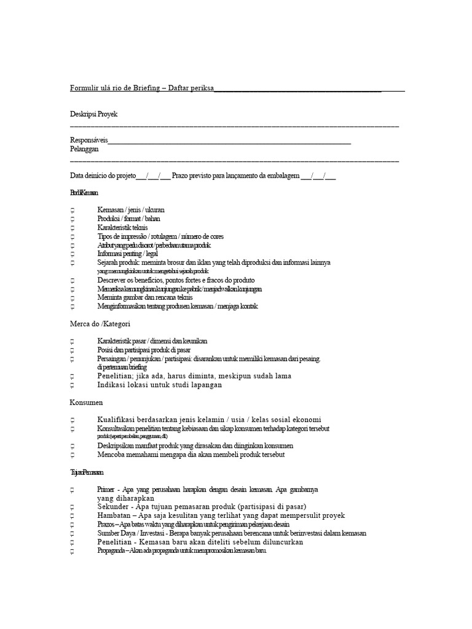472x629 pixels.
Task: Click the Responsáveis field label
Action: pyautogui.click(x=89, y=140)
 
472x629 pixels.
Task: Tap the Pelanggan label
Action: pyautogui.click(x=85, y=149)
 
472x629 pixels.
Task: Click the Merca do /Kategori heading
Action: pyautogui.click(x=100, y=323)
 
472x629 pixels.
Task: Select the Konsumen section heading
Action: pyautogui.click(x=86, y=402)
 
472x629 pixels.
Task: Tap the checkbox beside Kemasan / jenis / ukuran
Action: pyautogui.click(x=73, y=211)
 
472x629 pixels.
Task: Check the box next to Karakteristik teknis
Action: pyautogui.click(x=73, y=228)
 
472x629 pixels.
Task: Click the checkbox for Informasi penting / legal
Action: pyautogui.click(x=73, y=254)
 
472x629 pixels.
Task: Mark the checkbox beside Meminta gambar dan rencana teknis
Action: pyautogui.click(x=73, y=298)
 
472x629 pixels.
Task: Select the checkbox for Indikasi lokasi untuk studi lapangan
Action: pyautogui.click(x=73, y=385)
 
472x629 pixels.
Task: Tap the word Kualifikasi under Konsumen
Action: pyautogui.click(x=119, y=420)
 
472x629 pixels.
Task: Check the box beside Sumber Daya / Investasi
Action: pyautogui.click(x=73, y=534)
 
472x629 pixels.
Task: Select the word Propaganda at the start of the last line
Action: pyautogui.click(x=108, y=551)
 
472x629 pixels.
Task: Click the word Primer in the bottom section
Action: pyautogui.click(x=106, y=490)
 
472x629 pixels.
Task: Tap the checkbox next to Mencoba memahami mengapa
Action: pyautogui.click(x=73, y=455)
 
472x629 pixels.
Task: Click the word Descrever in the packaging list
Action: pyautogui.click(x=110, y=280)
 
